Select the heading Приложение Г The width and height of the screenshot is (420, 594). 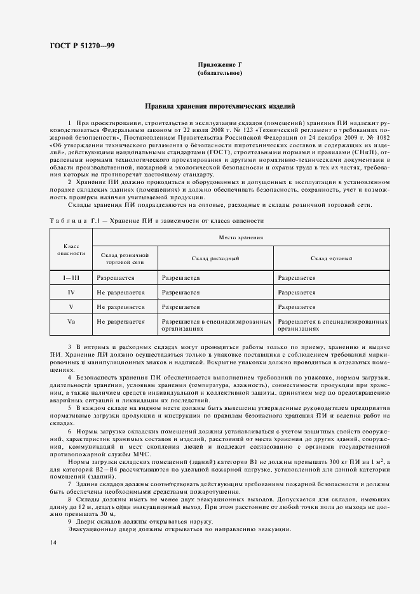coord(219,65)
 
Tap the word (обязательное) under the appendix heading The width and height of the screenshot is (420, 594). coord(219,74)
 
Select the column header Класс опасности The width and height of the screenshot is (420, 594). coord(72,249)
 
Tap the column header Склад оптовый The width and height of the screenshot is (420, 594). coord(332,259)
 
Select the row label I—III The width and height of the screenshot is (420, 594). coord(72,278)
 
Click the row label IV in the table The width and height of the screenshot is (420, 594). coord(72,293)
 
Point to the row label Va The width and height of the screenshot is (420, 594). coord(72,322)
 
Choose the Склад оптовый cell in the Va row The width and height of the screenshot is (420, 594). coord(332,326)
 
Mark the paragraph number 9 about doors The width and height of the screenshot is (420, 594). coord(69,522)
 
